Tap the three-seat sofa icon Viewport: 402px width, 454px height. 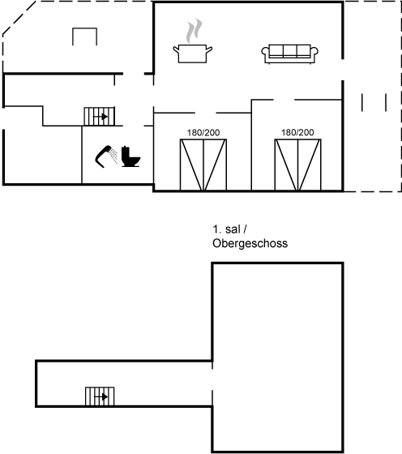coord(289,54)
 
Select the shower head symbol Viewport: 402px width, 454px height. coord(103,156)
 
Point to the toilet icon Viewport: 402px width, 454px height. coord(130,156)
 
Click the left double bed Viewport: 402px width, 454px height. coord(203,165)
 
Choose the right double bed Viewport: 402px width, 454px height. coord(297,165)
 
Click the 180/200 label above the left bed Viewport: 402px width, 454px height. coord(203,133)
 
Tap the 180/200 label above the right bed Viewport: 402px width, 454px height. coord(297,132)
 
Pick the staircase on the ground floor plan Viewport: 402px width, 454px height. coord(99,117)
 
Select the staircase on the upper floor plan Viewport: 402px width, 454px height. coord(100,396)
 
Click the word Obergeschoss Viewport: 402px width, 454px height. coord(250,243)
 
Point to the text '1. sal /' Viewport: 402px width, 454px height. coord(230,229)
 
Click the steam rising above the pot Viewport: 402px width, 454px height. coord(194,31)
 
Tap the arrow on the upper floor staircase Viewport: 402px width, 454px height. coord(101,396)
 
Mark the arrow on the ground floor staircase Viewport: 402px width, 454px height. coord(100,117)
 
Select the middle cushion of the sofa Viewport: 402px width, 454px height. coord(289,50)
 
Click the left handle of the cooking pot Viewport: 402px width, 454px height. coord(176,49)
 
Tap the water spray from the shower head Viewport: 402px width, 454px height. coord(114,156)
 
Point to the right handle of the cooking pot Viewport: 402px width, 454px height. coord(209,49)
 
